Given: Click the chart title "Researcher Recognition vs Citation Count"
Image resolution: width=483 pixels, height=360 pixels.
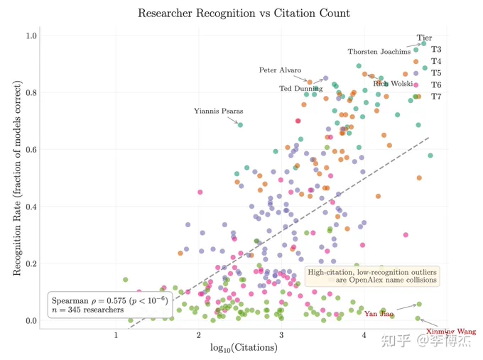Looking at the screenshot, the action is pos(244,13).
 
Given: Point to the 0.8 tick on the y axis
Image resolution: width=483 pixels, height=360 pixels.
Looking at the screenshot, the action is pos(31,92).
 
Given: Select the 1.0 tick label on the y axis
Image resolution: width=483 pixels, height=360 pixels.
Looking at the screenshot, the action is pos(31,36).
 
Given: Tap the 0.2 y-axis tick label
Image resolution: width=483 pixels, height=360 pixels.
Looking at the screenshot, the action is pos(31,263).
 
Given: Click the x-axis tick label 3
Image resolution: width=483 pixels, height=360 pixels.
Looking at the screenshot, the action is pos(281,335).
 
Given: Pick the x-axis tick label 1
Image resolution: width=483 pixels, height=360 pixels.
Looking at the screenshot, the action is pos(116,335).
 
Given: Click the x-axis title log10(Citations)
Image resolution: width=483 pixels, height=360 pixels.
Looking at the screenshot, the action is pos(244,348).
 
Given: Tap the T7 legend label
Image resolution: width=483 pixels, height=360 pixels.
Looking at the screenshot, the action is pos(436,97).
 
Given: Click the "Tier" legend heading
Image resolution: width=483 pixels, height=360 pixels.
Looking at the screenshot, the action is pos(424,38).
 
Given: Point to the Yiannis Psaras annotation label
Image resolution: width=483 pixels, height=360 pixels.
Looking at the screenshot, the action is pos(218,111).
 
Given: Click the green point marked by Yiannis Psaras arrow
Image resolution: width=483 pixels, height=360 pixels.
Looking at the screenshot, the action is pos(240,125).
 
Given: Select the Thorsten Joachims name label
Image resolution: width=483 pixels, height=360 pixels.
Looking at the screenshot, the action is pos(379,52).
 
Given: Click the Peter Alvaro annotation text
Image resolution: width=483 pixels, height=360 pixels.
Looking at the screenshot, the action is pos(280,70).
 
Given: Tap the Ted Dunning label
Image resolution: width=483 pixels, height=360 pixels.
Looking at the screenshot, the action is pos(301,89).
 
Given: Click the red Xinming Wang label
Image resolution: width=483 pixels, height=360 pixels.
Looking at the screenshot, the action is pos(451,332).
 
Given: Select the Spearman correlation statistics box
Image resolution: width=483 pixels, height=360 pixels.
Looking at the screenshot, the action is pos(110,305).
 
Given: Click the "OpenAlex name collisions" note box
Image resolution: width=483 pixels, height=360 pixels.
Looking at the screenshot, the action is pos(372,276).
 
